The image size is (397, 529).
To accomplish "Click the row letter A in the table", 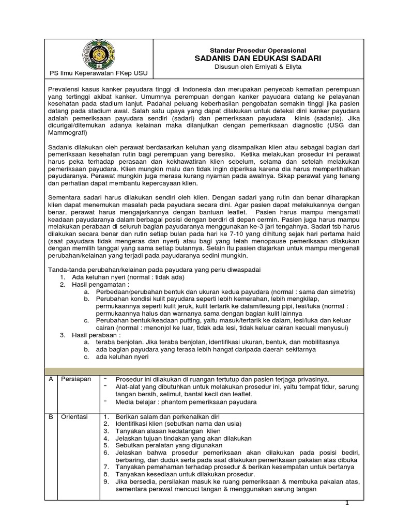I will [51, 379].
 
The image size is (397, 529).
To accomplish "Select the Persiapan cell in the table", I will [76, 379].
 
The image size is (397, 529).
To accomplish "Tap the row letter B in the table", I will [51, 416].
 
